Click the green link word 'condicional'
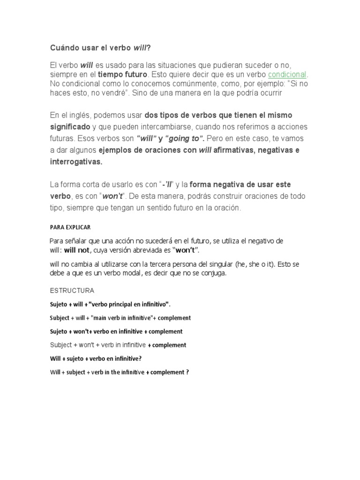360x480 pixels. (x=287, y=75)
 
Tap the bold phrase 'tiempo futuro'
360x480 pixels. (x=122, y=75)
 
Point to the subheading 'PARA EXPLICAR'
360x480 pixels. (x=70, y=227)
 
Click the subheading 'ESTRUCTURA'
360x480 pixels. (x=72, y=291)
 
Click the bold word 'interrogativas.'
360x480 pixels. (x=75, y=161)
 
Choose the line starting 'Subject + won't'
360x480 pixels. (x=118, y=345)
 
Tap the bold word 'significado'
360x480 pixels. (x=70, y=127)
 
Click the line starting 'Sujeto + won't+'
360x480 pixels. (x=116, y=331)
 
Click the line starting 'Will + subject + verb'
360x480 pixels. (x=119, y=373)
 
